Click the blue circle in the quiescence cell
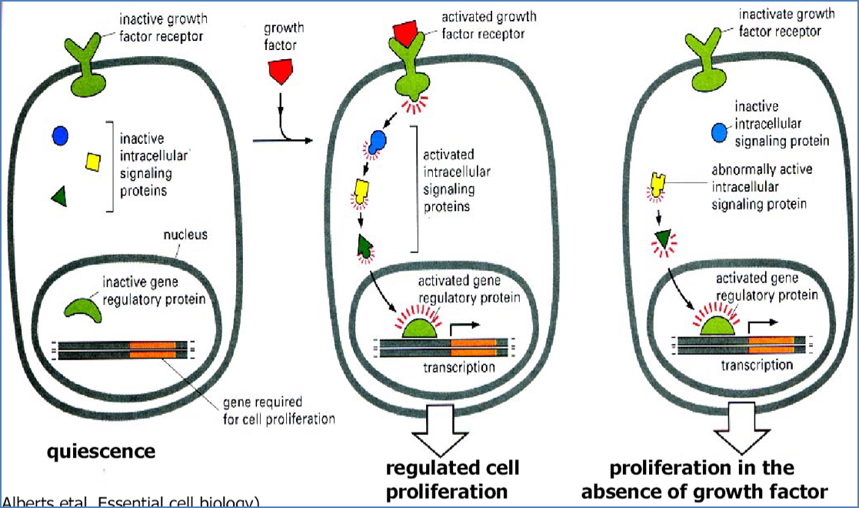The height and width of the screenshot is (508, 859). coord(60,135)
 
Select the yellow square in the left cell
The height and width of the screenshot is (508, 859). coord(93,161)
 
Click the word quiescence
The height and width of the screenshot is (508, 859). coord(101,451)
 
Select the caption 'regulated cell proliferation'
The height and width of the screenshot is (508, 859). coord(452,479)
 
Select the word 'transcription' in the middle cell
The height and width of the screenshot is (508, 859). coord(459,367)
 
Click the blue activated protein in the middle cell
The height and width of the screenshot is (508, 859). coord(378,141)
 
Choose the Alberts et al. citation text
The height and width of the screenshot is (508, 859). coord(131,502)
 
